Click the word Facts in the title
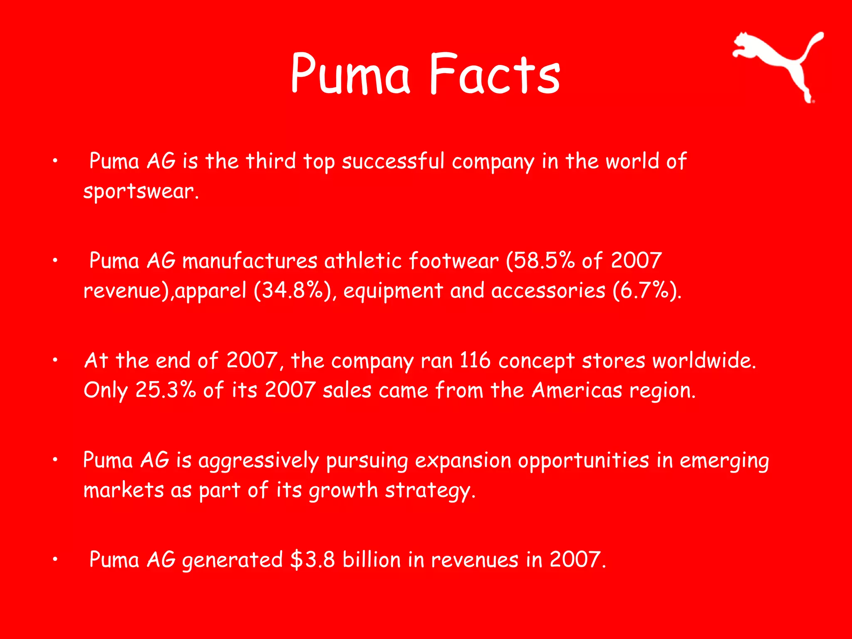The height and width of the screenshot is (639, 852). tap(495, 74)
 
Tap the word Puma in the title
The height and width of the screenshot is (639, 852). tap(350, 74)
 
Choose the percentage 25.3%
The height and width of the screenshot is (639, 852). tap(166, 390)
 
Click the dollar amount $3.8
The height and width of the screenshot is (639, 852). tap(312, 560)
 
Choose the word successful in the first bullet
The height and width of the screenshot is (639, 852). tap(393, 161)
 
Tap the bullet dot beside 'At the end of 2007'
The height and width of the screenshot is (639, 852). tap(55, 360)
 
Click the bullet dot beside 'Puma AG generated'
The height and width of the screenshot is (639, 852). tap(55, 560)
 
